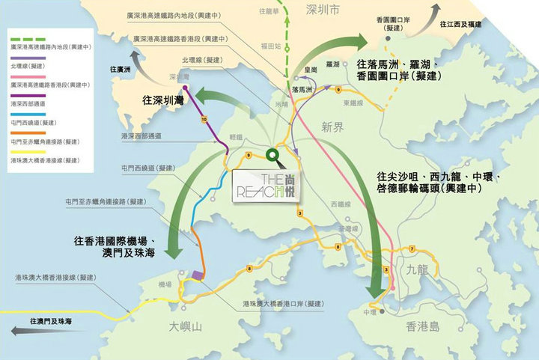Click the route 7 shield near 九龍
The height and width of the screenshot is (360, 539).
pos(412,248)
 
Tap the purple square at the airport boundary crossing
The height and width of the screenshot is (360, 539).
pos(198,275)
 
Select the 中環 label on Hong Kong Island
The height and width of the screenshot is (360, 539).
pos(368,312)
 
